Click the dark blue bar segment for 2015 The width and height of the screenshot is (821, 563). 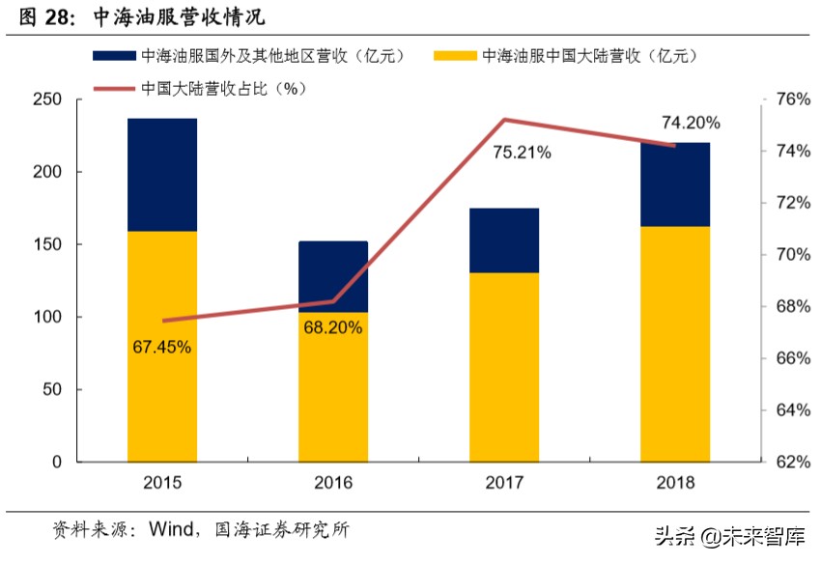click(162, 175)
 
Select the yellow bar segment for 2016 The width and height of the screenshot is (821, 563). click(333, 386)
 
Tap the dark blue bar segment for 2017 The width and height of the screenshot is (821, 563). click(504, 240)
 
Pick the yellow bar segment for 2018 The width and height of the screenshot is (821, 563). click(674, 344)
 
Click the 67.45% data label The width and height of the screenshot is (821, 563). click(162, 346)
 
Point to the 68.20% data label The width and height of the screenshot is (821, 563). click(333, 327)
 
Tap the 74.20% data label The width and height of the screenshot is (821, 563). click(691, 123)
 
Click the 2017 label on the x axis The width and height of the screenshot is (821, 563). click(504, 483)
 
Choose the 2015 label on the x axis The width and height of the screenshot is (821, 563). click(162, 483)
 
